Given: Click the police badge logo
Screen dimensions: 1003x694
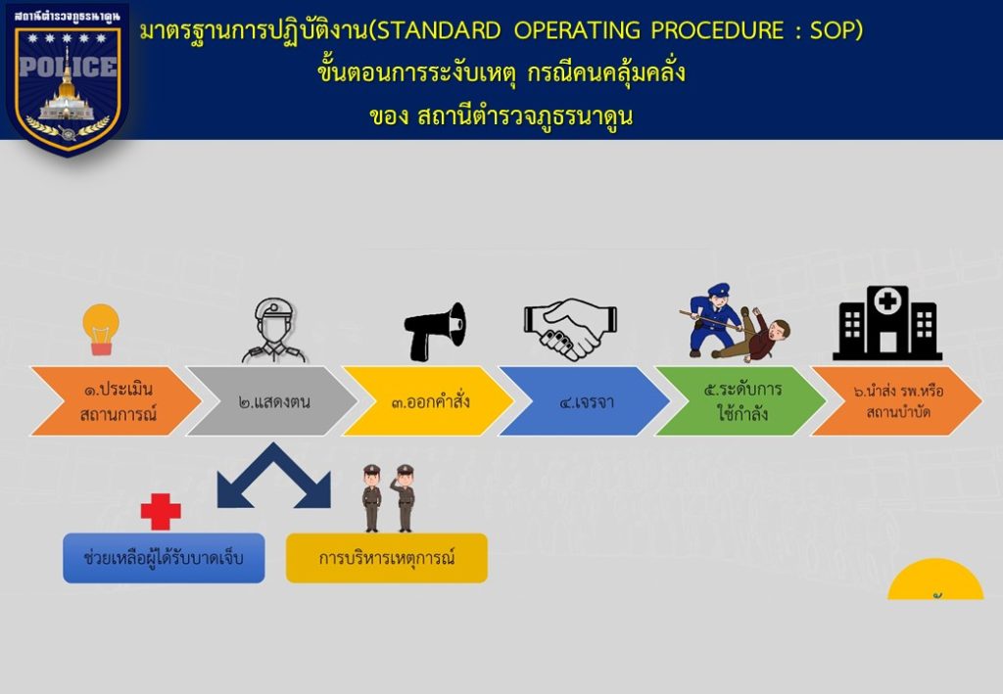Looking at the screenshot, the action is (x=68, y=80).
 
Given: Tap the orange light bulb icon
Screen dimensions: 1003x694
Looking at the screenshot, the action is (x=101, y=329).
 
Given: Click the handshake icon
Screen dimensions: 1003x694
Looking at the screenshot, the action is (x=571, y=328).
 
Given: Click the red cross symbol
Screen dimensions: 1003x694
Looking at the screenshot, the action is (x=161, y=511).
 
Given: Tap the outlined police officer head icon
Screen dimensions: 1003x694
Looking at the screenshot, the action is (x=274, y=330).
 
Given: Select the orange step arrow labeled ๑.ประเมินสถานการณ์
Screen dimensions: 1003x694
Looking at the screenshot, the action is (x=117, y=401).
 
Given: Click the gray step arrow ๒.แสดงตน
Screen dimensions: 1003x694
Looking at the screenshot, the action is (x=272, y=401).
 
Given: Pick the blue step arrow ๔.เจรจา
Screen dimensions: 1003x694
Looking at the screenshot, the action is (x=585, y=401).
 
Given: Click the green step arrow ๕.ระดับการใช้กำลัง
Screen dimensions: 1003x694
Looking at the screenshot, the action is (x=740, y=401).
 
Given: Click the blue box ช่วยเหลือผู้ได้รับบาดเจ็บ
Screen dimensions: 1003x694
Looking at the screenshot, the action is (x=164, y=558).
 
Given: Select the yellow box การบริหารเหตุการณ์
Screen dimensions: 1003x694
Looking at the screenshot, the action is (x=386, y=558).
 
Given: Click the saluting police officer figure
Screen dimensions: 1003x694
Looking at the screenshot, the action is (x=405, y=498).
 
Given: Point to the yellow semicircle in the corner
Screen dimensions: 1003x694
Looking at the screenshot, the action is (x=935, y=581).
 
